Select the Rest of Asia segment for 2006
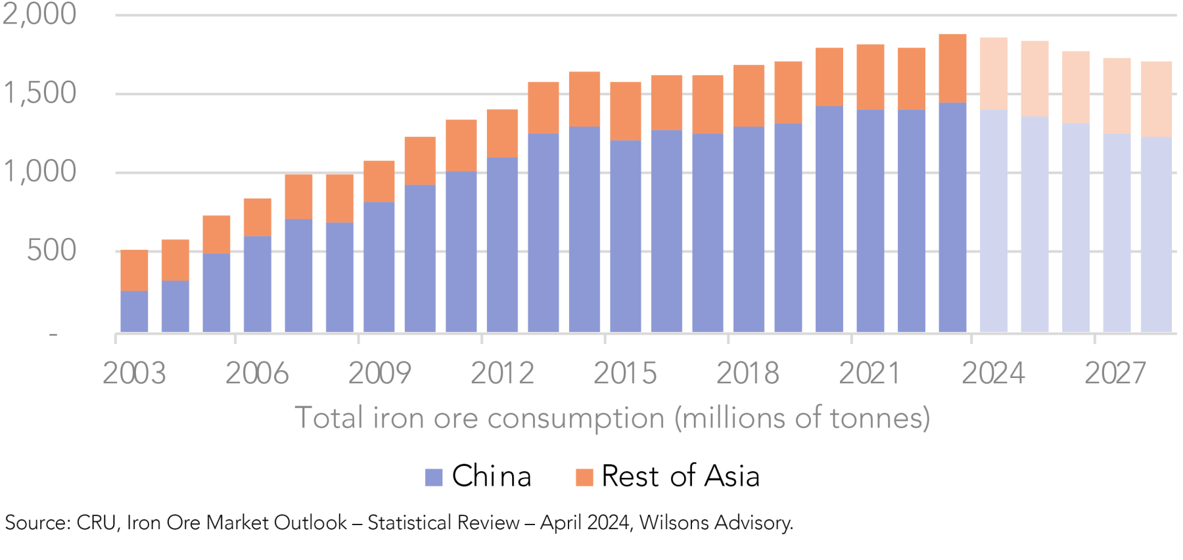[x=258, y=217]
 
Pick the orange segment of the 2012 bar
[x=502, y=133]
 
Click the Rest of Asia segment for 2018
[x=749, y=96]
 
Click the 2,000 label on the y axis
[x=39, y=14]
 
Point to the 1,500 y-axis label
[x=40, y=93]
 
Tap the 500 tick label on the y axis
[x=51, y=251]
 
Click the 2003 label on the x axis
[x=134, y=373]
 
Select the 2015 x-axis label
[x=625, y=373]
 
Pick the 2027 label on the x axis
[x=1115, y=373]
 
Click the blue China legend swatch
[x=434, y=477]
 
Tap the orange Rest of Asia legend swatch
[x=584, y=477]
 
